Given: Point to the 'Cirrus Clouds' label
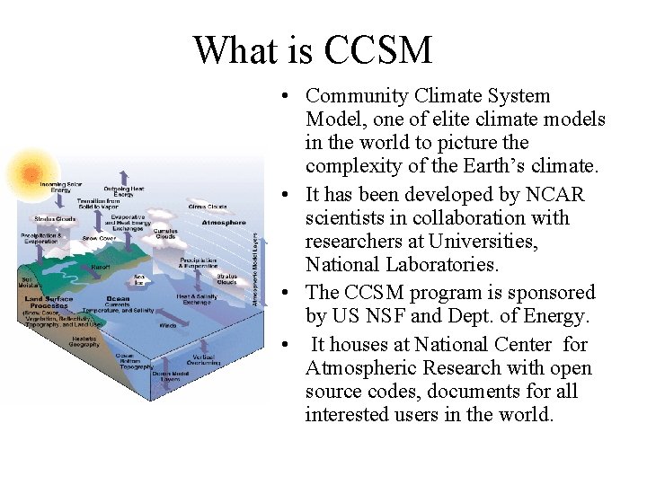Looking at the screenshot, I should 207,206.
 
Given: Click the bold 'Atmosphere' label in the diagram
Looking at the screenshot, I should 224,222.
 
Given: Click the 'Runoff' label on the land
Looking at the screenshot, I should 101,267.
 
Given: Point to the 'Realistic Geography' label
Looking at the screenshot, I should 86,341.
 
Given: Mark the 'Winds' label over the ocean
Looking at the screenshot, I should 168,324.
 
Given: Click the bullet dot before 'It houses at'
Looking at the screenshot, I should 284,345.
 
